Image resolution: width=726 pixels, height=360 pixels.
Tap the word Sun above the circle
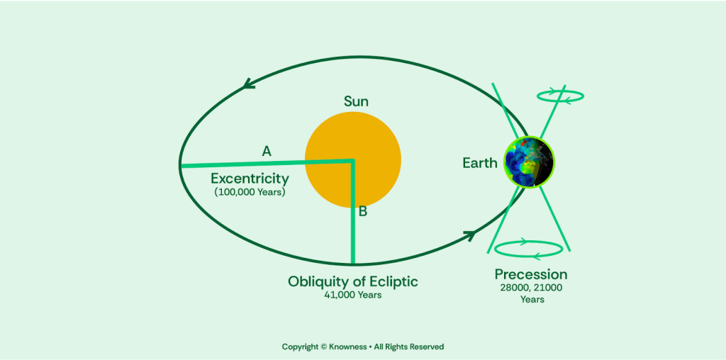(x=356, y=101)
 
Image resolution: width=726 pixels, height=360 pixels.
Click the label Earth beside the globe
(x=480, y=163)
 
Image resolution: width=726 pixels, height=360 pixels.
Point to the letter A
(x=267, y=150)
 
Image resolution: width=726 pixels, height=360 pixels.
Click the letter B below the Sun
(x=362, y=211)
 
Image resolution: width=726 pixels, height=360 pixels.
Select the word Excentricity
(x=250, y=178)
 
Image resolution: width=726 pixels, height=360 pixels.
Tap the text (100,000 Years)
(x=250, y=191)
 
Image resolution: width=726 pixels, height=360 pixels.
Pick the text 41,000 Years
(x=353, y=295)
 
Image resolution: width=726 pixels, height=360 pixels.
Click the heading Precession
(x=531, y=274)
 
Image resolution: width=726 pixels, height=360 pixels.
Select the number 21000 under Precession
(x=550, y=288)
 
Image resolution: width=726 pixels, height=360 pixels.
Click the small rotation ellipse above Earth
(x=560, y=96)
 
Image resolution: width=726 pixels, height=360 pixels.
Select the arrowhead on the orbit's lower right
(x=469, y=235)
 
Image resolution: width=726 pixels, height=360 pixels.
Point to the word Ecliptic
(x=389, y=281)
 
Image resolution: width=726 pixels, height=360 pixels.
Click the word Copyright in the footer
(x=300, y=347)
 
